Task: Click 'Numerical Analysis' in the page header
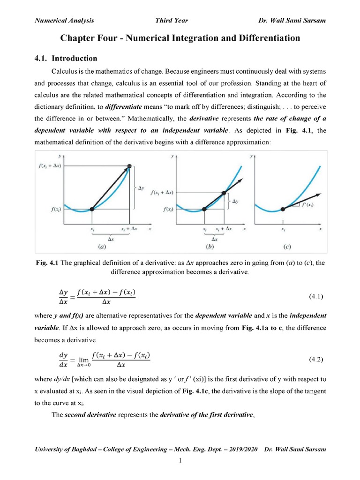[x=65, y=20]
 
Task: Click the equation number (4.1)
[x=316, y=297]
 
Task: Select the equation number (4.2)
[x=316, y=360]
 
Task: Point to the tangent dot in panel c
[x=282, y=209]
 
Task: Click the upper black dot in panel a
[x=130, y=166]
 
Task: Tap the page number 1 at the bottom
[x=180, y=461]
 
